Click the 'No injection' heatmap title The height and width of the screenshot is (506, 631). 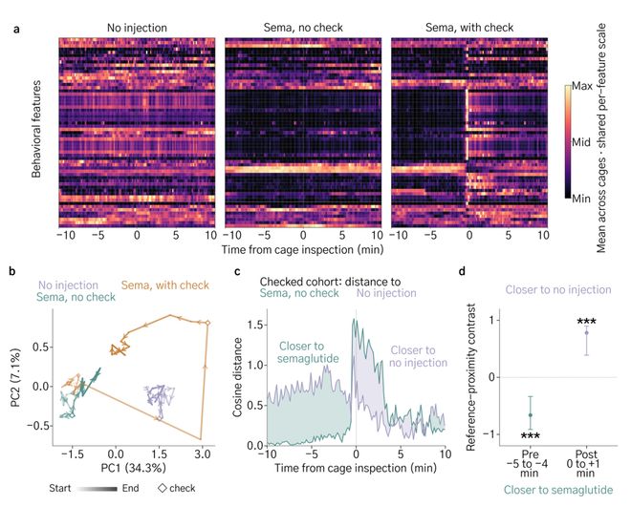(137, 28)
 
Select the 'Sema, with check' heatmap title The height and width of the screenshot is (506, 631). (469, 28)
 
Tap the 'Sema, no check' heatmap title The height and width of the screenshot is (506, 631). (303, 28)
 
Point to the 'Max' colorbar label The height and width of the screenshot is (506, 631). (582, 86)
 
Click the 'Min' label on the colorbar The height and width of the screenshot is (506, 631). (581, 199)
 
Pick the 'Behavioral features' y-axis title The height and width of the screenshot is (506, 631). (36, 129)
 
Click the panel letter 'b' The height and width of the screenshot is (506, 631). (12, 271)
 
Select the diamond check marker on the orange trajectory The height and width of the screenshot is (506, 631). (207, 323)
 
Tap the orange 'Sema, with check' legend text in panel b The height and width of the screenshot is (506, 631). (165, 285)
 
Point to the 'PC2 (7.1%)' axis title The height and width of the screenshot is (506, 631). (15, 378)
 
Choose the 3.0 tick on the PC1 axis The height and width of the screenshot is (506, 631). (203, 454)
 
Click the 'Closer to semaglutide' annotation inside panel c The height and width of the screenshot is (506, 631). (308, 352)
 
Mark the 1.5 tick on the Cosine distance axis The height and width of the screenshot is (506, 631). (256, 325)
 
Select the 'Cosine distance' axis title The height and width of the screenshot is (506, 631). (237, 377)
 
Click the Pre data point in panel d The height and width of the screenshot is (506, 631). (531, 414)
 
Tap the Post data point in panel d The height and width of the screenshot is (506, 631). (586, 332)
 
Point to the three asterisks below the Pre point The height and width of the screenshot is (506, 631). (531, 436)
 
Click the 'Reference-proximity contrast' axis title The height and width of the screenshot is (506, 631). (470, 377)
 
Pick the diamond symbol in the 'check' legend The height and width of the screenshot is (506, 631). (163, 488)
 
